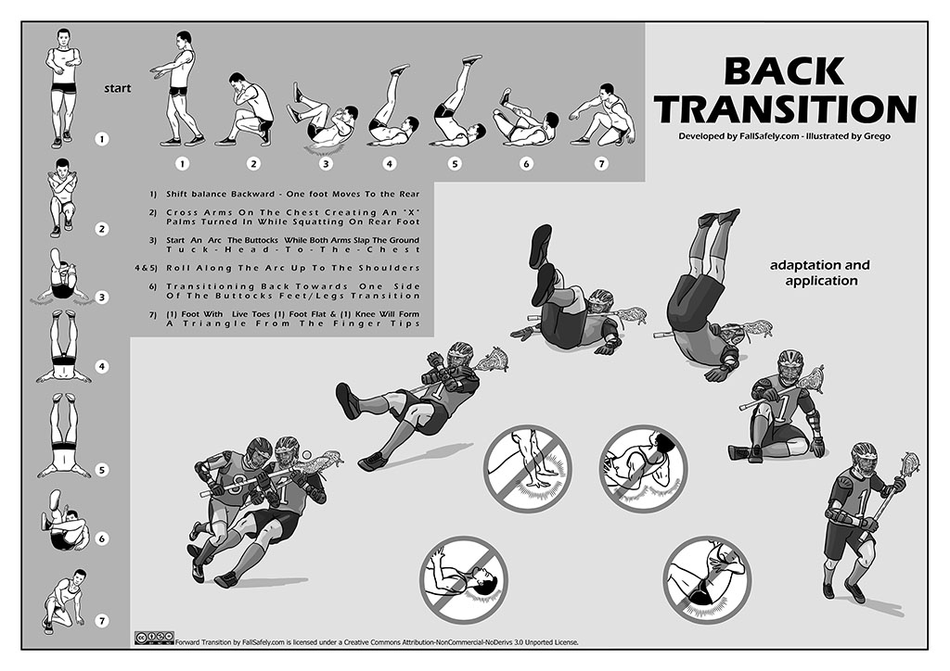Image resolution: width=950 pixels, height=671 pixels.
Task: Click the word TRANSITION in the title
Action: [787, 109]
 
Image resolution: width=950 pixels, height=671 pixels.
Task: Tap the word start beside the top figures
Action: [117, 88]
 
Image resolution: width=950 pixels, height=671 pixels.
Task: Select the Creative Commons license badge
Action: [154, 637]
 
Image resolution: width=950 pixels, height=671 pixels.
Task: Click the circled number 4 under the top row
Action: [389, 163]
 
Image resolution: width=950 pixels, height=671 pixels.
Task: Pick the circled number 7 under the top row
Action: [601, 163]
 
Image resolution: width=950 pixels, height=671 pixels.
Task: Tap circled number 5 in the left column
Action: [102, 470]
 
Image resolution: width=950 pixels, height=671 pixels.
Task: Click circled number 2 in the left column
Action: [102, 229]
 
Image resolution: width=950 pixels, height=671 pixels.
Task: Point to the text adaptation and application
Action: [821, 272]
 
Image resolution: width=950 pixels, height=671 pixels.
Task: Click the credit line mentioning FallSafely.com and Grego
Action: [785, 136]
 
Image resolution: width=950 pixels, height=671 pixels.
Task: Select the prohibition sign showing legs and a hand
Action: [528, 468]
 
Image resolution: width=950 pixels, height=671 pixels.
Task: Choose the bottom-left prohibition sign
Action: [464, 579]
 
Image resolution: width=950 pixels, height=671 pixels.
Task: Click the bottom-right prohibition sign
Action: [707, 579]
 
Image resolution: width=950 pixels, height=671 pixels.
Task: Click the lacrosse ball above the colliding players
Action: [306, 455]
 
